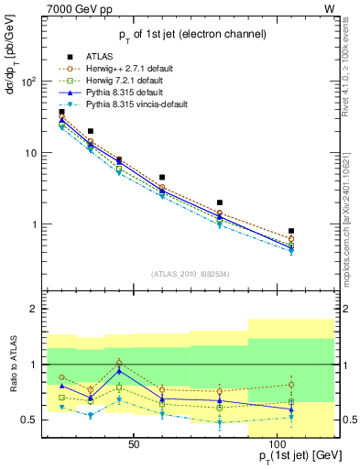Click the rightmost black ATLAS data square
coord(290,231)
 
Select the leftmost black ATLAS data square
coord(61,112)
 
